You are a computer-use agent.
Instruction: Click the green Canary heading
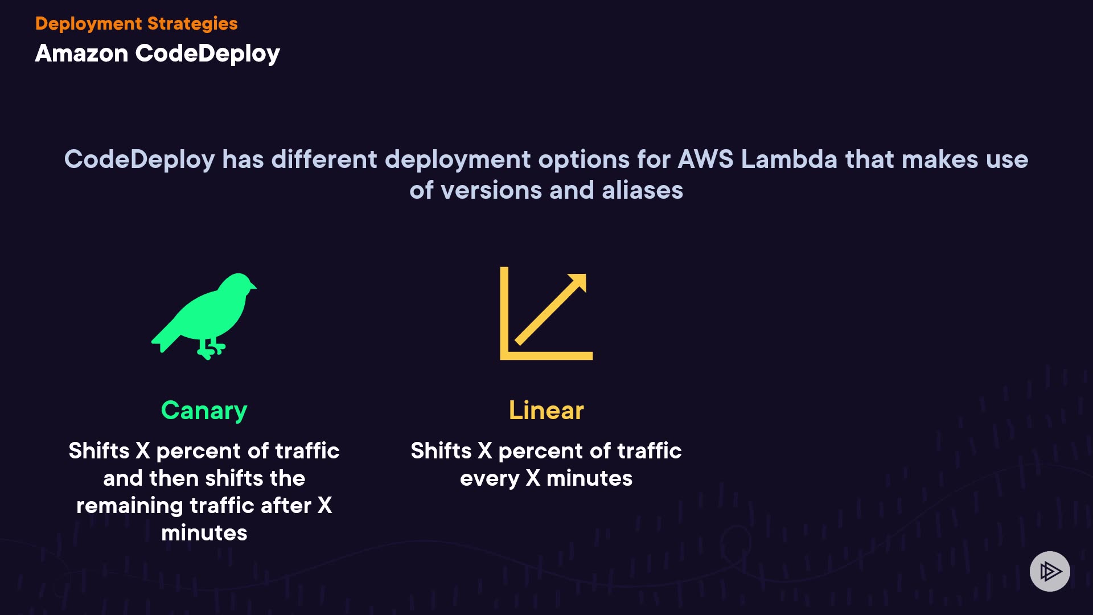pyautogui.click(x=204, y=411)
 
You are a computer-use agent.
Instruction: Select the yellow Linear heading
pyautogui.click(x=546, y=411)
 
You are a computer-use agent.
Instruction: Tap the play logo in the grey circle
pyautogui.click(x=1050, y=571)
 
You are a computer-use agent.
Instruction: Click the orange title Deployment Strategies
pyautogui.click(x=136, y=23)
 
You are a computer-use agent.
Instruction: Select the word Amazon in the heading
pyautogui.click(x=81, y=54)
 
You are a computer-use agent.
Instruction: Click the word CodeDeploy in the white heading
pyautogui.click(x=207, y=54)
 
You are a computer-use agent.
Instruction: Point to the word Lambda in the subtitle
pyautogui.click(x=789, y=159)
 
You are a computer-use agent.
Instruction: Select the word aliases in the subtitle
pyautogui.click(x=642, y=190)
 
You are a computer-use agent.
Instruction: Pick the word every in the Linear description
pyautogui.click(x=489, y=479)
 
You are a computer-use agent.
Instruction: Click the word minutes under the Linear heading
pyautogui.click(x=589, y=478)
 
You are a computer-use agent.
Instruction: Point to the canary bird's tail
pyautogui.click(x=162, y=339)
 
